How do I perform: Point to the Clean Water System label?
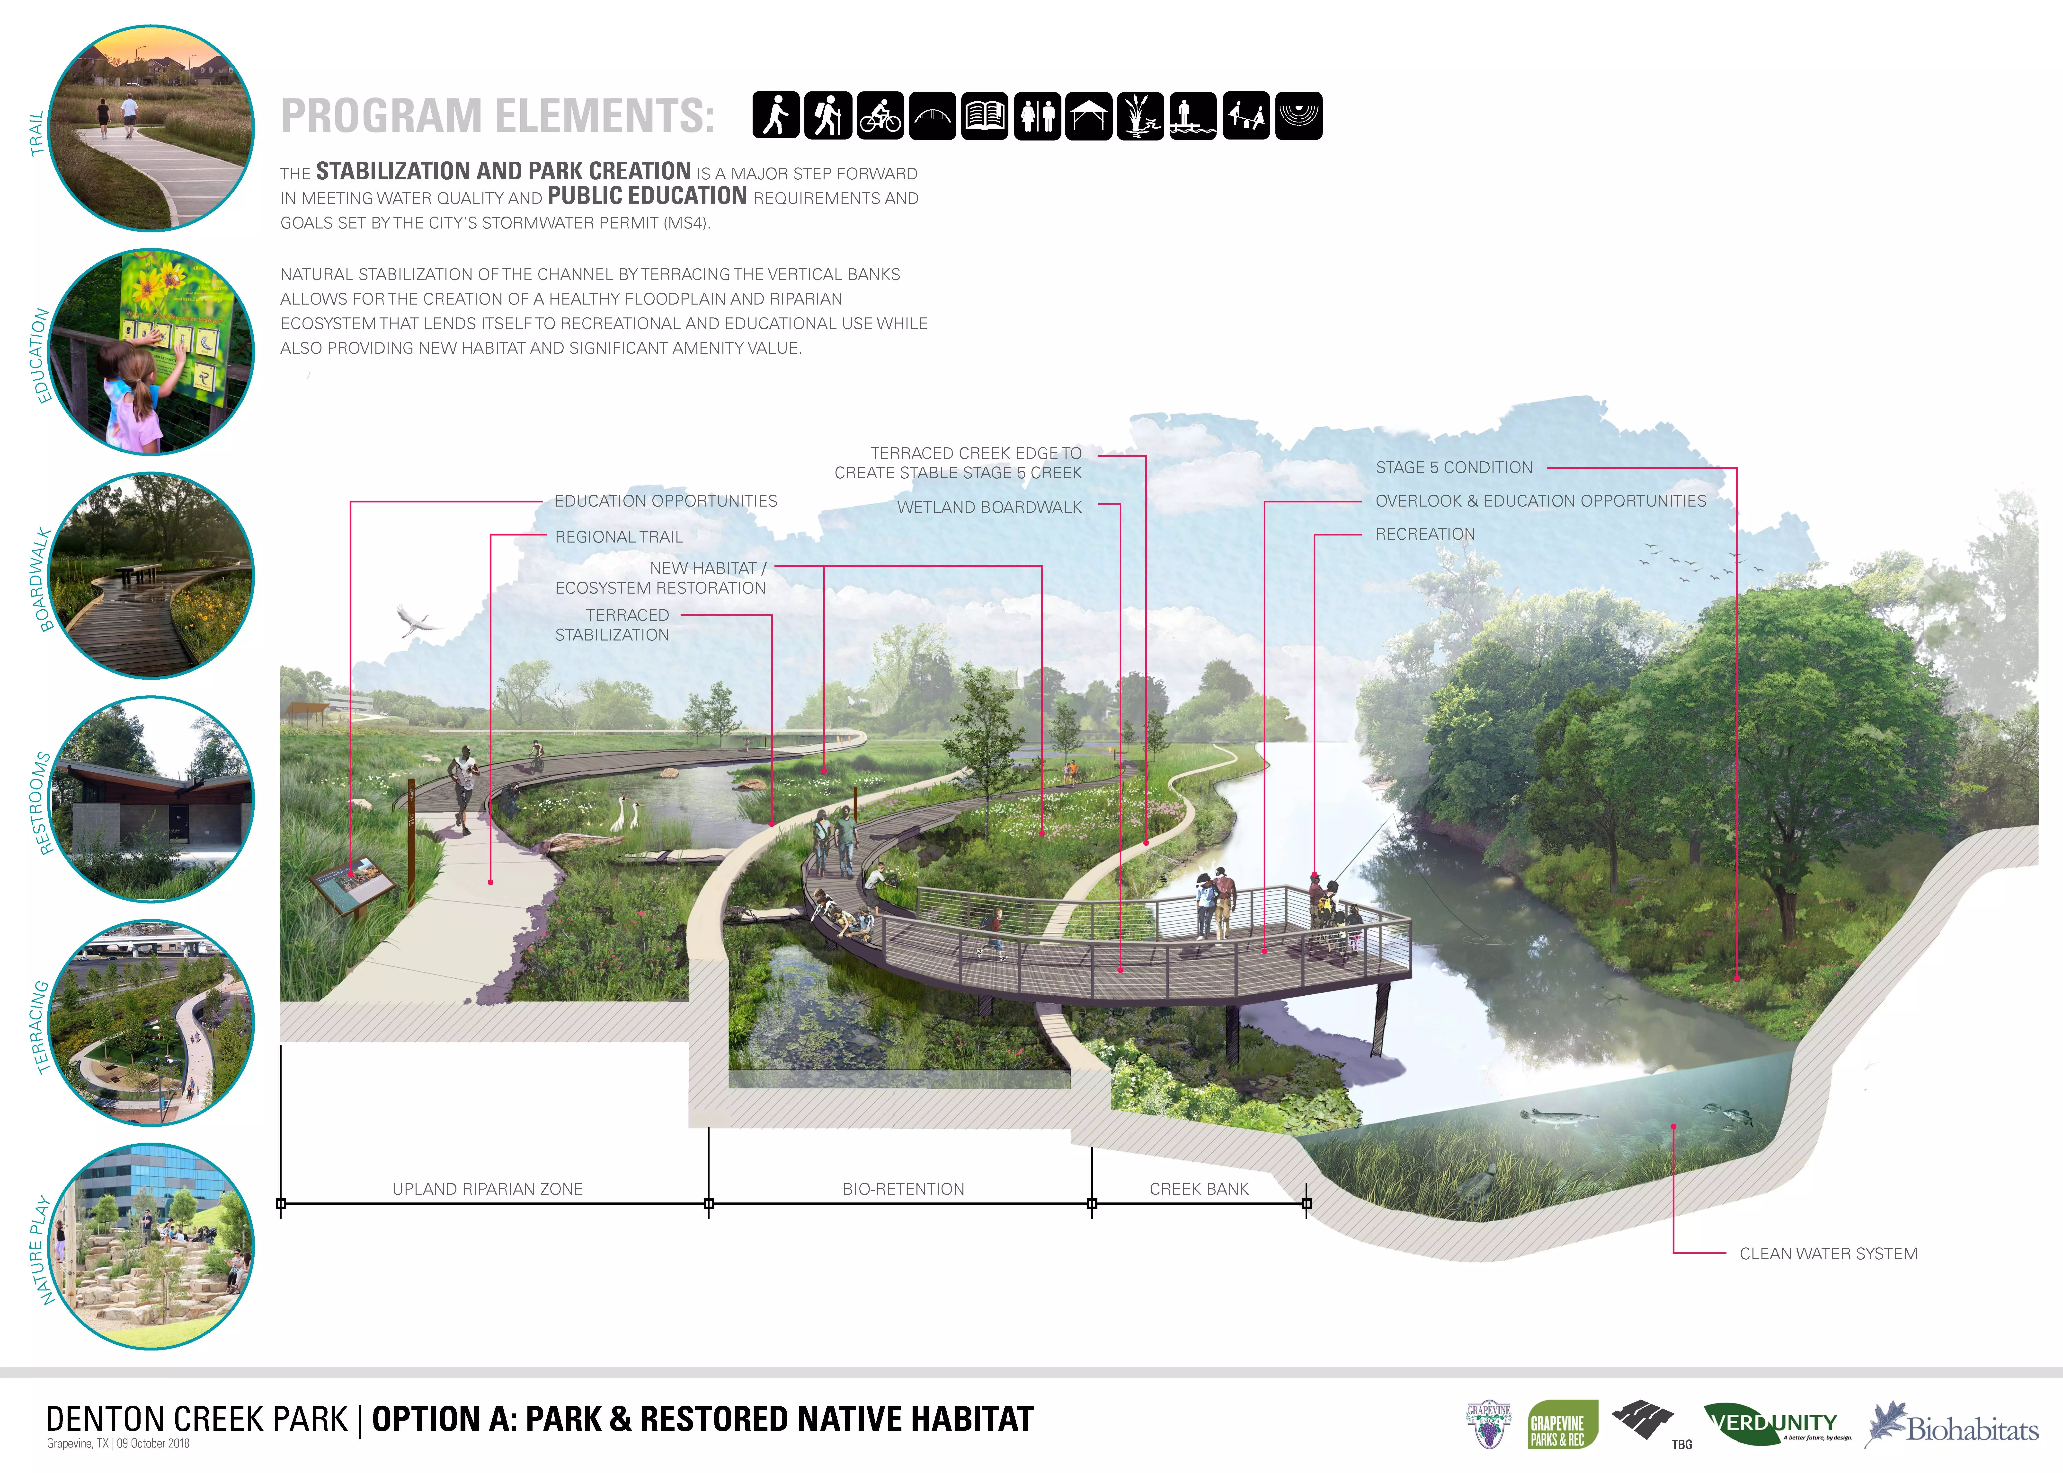pos(1828,1254)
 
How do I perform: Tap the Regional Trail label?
pos(619,537)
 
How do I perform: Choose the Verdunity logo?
pos(1776,1424)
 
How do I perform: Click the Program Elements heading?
pos(497,116)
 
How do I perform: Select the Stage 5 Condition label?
pos(1453,468)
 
